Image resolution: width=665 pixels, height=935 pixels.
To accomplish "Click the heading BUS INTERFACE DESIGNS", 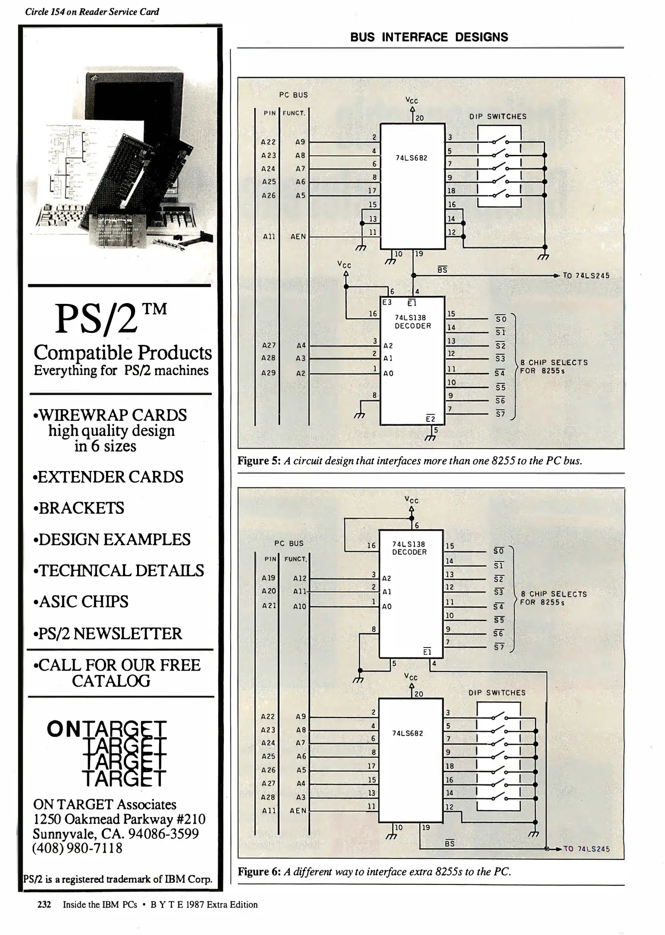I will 429,37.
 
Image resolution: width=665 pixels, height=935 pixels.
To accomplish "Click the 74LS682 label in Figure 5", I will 411,158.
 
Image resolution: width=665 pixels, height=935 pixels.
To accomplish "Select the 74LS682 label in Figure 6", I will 407,733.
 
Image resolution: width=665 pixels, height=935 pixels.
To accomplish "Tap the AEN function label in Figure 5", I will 298,237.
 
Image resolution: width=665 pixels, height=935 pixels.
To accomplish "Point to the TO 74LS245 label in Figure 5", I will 586,276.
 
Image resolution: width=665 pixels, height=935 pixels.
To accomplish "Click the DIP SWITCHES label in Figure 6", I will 497,693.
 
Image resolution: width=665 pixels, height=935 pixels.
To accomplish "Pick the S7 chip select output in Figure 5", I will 500,414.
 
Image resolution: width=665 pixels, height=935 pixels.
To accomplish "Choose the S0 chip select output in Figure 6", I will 498,551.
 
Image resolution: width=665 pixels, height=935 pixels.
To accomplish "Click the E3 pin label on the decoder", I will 387,303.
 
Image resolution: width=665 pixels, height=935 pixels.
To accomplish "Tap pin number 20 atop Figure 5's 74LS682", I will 419,118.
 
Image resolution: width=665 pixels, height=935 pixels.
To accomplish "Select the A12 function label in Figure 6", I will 299,578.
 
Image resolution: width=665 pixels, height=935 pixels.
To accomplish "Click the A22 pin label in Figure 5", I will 268,142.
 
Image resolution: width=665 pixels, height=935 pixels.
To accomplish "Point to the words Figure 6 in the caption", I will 259,871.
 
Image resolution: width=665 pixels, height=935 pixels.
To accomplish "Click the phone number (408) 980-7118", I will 77,848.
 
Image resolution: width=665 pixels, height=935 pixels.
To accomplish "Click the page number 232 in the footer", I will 44,905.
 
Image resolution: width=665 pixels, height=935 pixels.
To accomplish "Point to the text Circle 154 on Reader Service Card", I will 92,12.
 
